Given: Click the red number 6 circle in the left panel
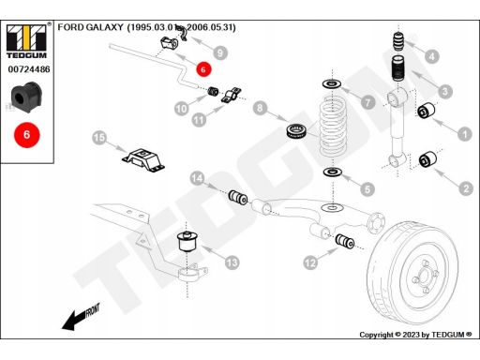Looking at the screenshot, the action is (x=27, y=135).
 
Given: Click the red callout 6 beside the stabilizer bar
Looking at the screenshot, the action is (x=203, y=69).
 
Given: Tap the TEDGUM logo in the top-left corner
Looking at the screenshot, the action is (x=27, y=41).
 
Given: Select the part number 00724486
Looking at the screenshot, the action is (x=29, y=69).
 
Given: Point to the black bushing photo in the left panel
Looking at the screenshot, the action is (x=26, y=97).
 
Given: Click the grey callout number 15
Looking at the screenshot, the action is (x=99, y=138).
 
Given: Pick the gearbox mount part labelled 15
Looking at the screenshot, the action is (x=143, y=160).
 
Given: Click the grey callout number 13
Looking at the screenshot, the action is (x=232, y=262).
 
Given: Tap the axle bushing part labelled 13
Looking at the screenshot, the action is (x=188, y=242).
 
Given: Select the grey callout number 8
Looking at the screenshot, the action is (x=260, y=108).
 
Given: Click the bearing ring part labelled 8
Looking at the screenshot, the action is (x=297, y=131).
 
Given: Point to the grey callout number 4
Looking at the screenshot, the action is (x=432, y=56).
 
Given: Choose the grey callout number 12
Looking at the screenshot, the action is (x=310, y=262).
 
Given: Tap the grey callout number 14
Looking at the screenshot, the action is (x=197, y=178).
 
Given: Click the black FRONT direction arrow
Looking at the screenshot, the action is (x=81, y=317).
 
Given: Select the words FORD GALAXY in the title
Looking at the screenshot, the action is (x=90, y=27).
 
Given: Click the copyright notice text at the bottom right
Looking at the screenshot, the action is (x=415, y=335).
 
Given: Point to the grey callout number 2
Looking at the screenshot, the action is (x=466, y=188).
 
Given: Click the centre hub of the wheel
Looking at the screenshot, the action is (x=424, y=276).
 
